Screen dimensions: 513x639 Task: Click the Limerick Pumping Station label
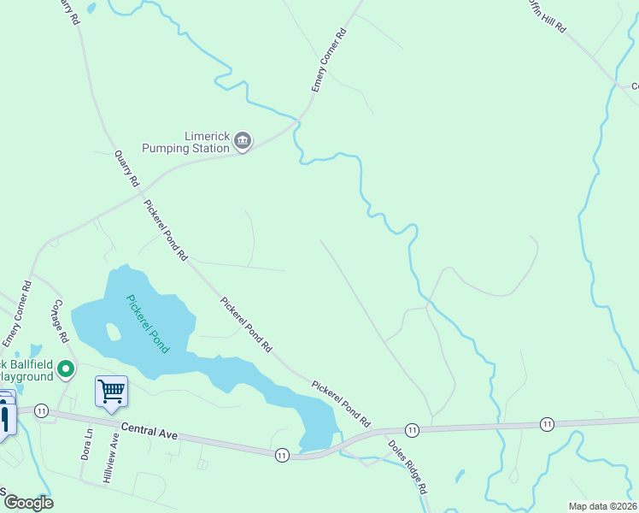click(x=208, y=142)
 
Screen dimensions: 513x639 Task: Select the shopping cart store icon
click(x=111, y=392)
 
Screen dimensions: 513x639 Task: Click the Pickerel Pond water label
click(x=148, y=324)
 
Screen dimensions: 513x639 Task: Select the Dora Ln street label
click(x=86, y=445)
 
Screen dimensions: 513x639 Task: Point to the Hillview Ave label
click(x=111, y=459)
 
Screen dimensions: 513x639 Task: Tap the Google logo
click(x=27, y=503)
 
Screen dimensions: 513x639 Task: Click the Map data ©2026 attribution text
click(x=602, y=506)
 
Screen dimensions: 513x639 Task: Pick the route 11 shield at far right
click(x=547, y=424)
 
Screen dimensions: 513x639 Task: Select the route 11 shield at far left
click(x=41, y=411)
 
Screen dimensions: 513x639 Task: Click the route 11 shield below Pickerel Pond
click(x=282, y=456)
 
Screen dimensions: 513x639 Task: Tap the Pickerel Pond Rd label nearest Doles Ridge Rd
click(x=340, y=404)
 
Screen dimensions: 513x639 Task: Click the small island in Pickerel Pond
click(x=110, y=331)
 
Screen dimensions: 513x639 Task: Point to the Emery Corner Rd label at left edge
click(x=16, y=315)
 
